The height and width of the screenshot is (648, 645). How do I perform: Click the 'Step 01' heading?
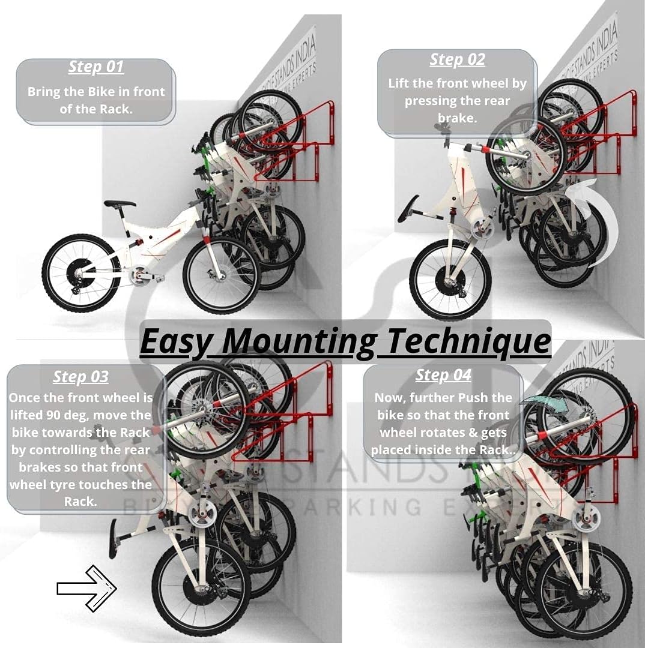pos(96,67)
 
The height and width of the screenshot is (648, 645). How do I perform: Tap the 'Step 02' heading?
pos(457,60)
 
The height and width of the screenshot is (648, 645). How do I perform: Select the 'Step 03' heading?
pos(80,377)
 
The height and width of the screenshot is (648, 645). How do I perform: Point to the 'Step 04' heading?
pos(443,376)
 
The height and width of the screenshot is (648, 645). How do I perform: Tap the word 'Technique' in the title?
pos(468,341)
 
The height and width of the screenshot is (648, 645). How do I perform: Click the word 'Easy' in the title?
pos(176,341)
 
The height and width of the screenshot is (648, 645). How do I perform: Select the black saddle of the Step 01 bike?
pos(120,204)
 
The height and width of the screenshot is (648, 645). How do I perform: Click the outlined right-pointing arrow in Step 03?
pos(86,588)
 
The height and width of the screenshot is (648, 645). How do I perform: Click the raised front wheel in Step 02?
pos(526,155)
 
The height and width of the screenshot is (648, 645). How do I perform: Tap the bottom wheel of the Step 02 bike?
pos(450,280)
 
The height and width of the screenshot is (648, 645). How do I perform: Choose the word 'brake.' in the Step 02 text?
pos(457,118)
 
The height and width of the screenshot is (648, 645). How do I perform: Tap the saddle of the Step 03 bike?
pos(113,538)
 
